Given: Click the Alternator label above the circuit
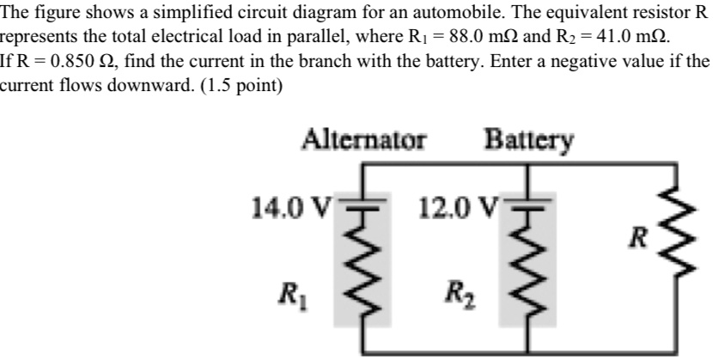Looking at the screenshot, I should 364,139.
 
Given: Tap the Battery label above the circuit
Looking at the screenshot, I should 529,139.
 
